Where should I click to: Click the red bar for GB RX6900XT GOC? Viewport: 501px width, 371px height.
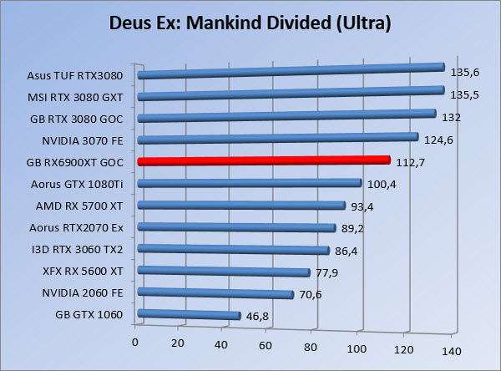[263, 160]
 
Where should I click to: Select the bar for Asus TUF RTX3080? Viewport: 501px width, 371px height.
[290, 71]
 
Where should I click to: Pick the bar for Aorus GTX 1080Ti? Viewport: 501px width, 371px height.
[249, 183]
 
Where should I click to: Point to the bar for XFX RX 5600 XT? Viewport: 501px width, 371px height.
[224, 272]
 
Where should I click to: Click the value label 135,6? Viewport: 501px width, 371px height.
[464, 73]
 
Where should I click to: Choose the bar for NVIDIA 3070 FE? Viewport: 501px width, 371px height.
[277, 139]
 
